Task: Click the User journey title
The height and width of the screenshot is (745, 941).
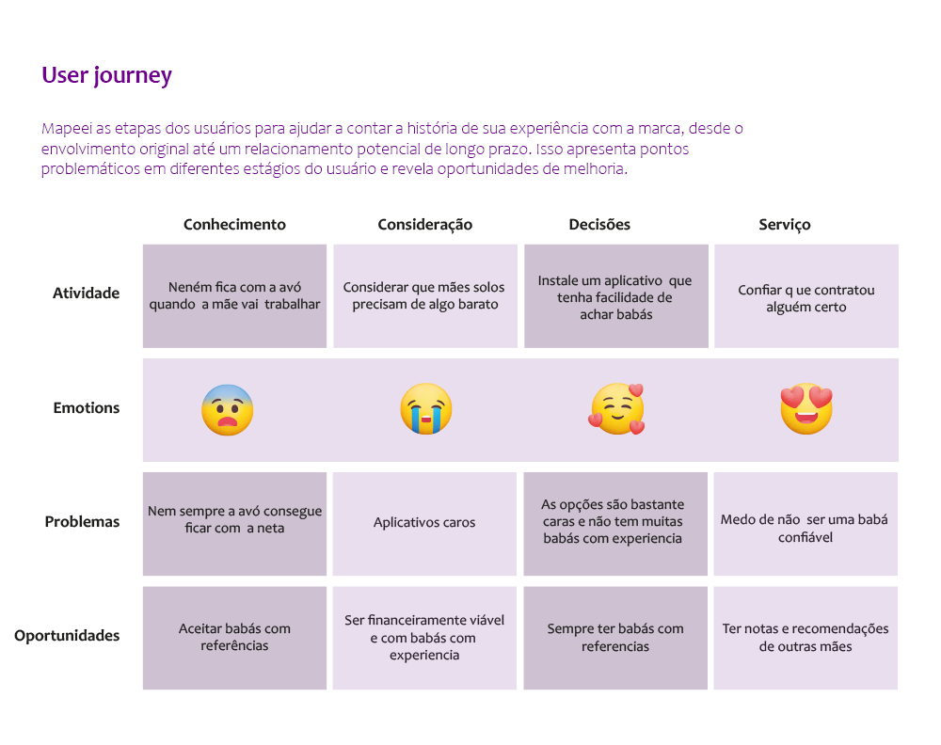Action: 106,76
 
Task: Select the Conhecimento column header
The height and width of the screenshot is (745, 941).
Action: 234,225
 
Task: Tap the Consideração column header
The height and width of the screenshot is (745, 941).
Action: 424,225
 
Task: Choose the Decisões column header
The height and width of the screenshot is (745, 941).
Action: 599,225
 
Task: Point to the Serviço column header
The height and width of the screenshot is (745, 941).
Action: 784,225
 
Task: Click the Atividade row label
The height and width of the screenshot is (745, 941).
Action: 86,293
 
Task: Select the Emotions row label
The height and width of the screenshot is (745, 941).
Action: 86,408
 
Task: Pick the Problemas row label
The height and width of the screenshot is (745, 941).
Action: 82,522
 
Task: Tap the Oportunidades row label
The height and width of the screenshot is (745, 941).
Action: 67,636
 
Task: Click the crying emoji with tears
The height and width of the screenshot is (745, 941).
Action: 425,409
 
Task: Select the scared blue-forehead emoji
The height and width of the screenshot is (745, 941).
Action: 228,410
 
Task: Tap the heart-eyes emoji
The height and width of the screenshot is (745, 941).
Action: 806,409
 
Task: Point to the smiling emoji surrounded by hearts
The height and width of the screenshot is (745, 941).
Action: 617,410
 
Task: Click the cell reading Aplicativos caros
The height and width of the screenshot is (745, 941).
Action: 424,523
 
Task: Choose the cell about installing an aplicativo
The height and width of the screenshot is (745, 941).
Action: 615,296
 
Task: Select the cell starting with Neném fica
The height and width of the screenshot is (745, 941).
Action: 234,296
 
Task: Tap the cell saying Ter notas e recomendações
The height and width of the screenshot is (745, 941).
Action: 805,638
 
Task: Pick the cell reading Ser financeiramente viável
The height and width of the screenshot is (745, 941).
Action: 424,638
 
